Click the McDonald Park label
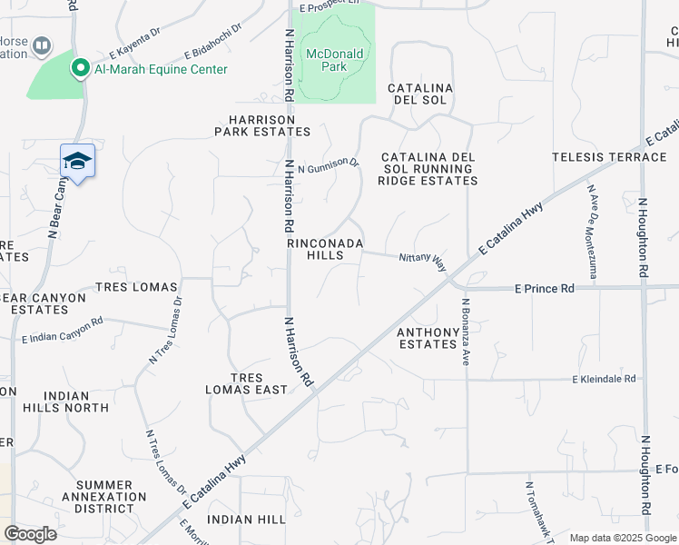coord(334,60)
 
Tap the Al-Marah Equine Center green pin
coord(80,68)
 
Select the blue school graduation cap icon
coord(77,161)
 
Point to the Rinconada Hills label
coord(325,250)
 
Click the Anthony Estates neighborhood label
coord(428,338)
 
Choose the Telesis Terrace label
coord(609,157)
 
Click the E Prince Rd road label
coord(545,289)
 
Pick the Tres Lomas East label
coord(246,383)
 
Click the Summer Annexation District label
coord(104,497)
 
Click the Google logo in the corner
coord(30,534)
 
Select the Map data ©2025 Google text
coord(622,538)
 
